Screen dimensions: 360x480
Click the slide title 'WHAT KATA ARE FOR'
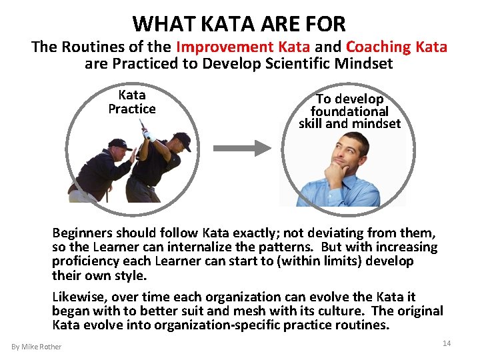point(239,24)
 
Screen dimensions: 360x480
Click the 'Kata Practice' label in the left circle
point(132,102)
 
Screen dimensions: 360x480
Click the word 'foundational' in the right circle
point(349,111)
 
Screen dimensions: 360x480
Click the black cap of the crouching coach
point(120,144)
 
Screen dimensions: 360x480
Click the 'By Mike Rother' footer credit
point(37,347)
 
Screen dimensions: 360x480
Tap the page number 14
point(447,343)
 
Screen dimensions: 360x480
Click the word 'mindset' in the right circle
point(377,123)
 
